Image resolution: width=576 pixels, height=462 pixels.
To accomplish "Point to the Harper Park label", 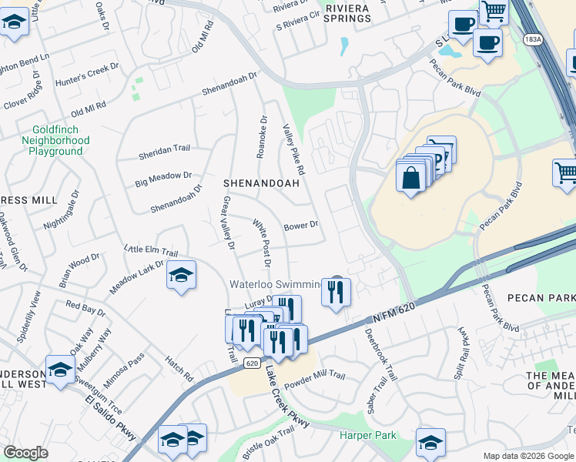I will (368, 436).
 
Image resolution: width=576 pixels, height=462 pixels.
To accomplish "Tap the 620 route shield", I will (251, 363).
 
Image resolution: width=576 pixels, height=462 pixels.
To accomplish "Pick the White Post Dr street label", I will (263, 243).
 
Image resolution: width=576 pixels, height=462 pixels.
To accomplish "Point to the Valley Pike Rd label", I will (294, 150).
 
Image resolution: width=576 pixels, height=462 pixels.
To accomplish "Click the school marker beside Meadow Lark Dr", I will (181, 276).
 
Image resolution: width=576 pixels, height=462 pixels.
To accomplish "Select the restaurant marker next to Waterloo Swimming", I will (336, 291).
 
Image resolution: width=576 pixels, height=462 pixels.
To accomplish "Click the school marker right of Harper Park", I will (430, 442).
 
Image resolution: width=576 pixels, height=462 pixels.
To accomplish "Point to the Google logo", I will (25, 453).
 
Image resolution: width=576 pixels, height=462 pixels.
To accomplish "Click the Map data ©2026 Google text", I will (527, 456).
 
